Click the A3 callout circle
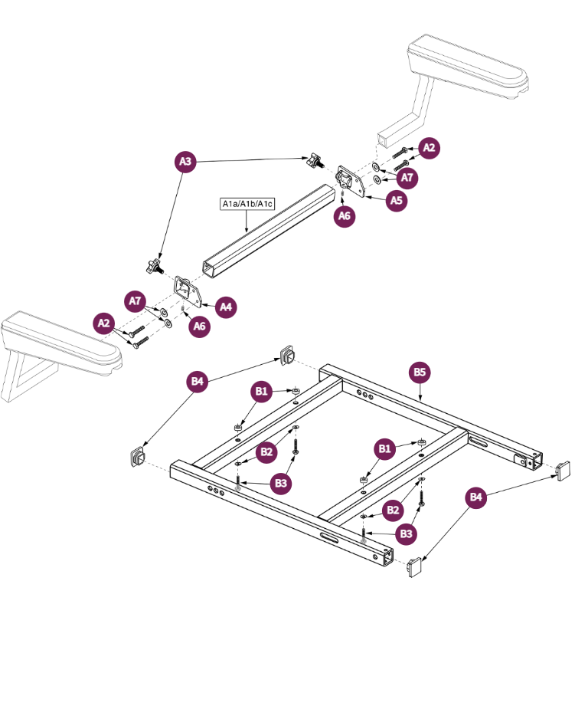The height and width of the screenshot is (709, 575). [x=185, y=162]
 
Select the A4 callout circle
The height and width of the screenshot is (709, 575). [x=226, y=307]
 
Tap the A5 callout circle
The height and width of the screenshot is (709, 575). [x=396, y=201]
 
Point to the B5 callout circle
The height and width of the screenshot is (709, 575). [x=420, y=373]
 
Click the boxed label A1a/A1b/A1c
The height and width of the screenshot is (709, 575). [x=247, y=204]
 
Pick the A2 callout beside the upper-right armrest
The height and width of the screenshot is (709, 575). [x=430, y=148]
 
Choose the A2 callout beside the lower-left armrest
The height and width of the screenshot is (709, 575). [x=104, y=323]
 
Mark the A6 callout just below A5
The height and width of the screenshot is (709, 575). [x=345, y=217]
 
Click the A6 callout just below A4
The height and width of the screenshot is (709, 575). [x=199, y=327]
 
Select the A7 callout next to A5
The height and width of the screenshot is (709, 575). [x=408, y=178]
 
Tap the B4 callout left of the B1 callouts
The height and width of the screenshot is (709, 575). [x=198, y=381]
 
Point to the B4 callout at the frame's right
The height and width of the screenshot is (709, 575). [x=476, y=498]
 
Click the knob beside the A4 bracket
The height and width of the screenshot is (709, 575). [x=153, y=268]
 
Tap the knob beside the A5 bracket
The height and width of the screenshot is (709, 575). [x=315, y=162]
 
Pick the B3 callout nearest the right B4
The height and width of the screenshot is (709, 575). [x=407, y=533]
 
